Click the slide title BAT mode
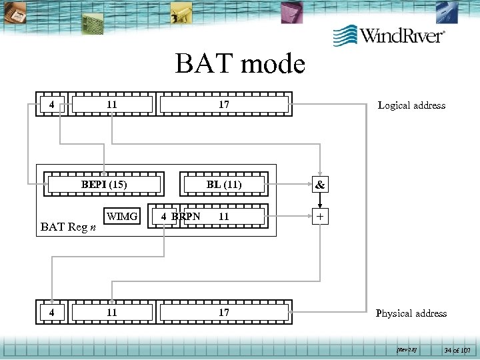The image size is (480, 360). [x=240, y=64]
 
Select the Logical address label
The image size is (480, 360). [x=411, y=105]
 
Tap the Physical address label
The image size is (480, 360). [x=411, y=313]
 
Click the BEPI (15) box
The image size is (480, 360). [x=104, y=185]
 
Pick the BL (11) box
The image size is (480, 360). [x=224, y=185]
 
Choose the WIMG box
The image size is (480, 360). [x=122, y=217]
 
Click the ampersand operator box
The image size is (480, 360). [x=320, y=185]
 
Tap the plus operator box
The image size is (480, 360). [x=320, y=217]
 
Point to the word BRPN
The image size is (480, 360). [x=185, y=217]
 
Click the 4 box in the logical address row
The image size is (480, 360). [x=51, y=105]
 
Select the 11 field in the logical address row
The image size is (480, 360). [x=112, y=105]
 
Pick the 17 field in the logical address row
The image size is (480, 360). [x=224, y=105]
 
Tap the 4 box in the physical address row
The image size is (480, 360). [x=51, y=313]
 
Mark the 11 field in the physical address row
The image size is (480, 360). [x=112, y=313]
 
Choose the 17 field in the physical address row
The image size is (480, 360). [x=224, y=313]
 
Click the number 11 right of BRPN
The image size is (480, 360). [x=224, y=217]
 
